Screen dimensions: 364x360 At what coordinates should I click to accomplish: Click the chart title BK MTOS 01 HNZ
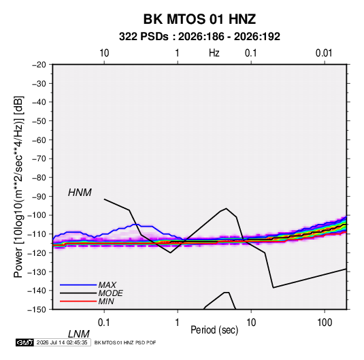pos(199,19)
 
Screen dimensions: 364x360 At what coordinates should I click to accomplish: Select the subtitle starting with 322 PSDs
pos(199,37)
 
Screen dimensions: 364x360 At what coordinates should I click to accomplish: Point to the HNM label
pos(80,193)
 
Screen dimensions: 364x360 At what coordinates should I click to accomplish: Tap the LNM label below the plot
pos(79,334)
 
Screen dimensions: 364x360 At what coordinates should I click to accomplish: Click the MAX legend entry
pos(107,284)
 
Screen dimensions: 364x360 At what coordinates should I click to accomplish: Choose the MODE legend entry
pos(110,293)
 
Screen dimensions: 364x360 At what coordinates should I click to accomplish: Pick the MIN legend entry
pos(106,301)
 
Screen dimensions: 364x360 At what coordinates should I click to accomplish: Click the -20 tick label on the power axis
pos(39,65)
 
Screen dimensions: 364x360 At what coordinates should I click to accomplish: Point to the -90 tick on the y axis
pos(39,197)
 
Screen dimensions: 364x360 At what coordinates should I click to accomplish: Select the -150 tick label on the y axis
pos(37,310)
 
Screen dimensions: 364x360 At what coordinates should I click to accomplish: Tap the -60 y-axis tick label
pos(39,140)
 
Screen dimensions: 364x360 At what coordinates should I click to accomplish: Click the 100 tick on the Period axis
pos(325,323)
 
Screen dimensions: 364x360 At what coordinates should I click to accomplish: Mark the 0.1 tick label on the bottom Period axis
pos(104,323)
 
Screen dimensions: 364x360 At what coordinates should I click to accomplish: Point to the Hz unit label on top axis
pos(214,53)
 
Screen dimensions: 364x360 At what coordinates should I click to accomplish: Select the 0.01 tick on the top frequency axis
pos(324,53)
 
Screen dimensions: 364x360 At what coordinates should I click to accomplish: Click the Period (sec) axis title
pos(214,330)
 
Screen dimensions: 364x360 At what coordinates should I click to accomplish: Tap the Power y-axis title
pos(18,187)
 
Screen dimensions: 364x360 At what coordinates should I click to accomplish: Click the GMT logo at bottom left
pos(25,342)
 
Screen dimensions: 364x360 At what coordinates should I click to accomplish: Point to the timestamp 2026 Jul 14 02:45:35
pos(62,342)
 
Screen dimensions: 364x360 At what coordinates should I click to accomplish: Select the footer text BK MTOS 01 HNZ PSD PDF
pos(125,342)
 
